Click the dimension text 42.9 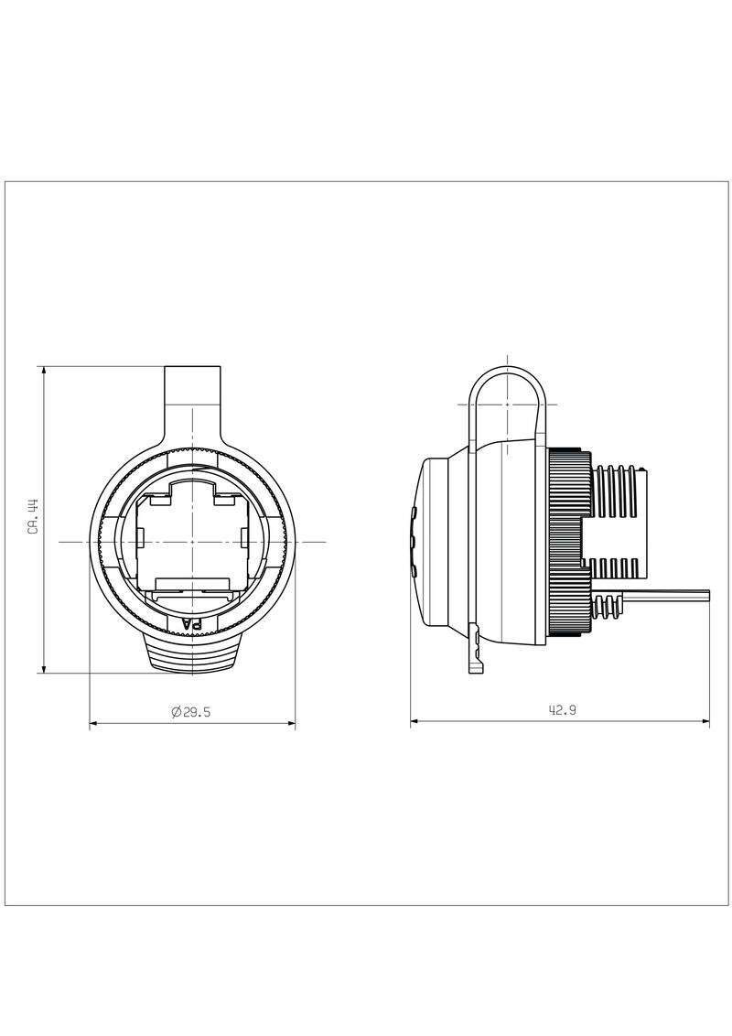pos(563,710)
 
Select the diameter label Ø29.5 pos(191,712)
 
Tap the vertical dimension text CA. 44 pos(33,517)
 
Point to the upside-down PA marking pos(193,624)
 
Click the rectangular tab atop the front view pos(192,394)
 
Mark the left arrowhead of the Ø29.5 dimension pos(92,724)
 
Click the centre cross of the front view pos(192,542)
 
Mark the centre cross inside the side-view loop pos(508,404)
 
